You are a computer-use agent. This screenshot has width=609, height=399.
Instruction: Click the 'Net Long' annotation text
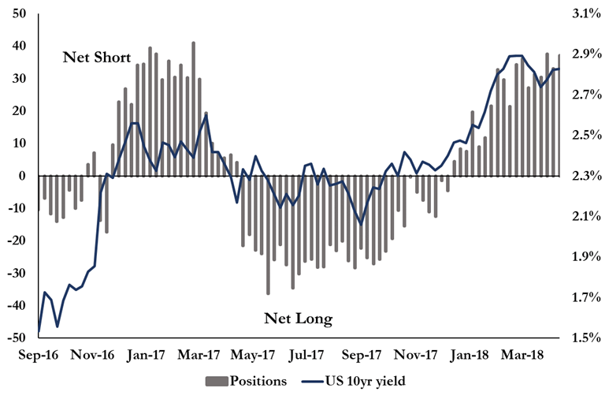pyautogui.click(x=298, y=319)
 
